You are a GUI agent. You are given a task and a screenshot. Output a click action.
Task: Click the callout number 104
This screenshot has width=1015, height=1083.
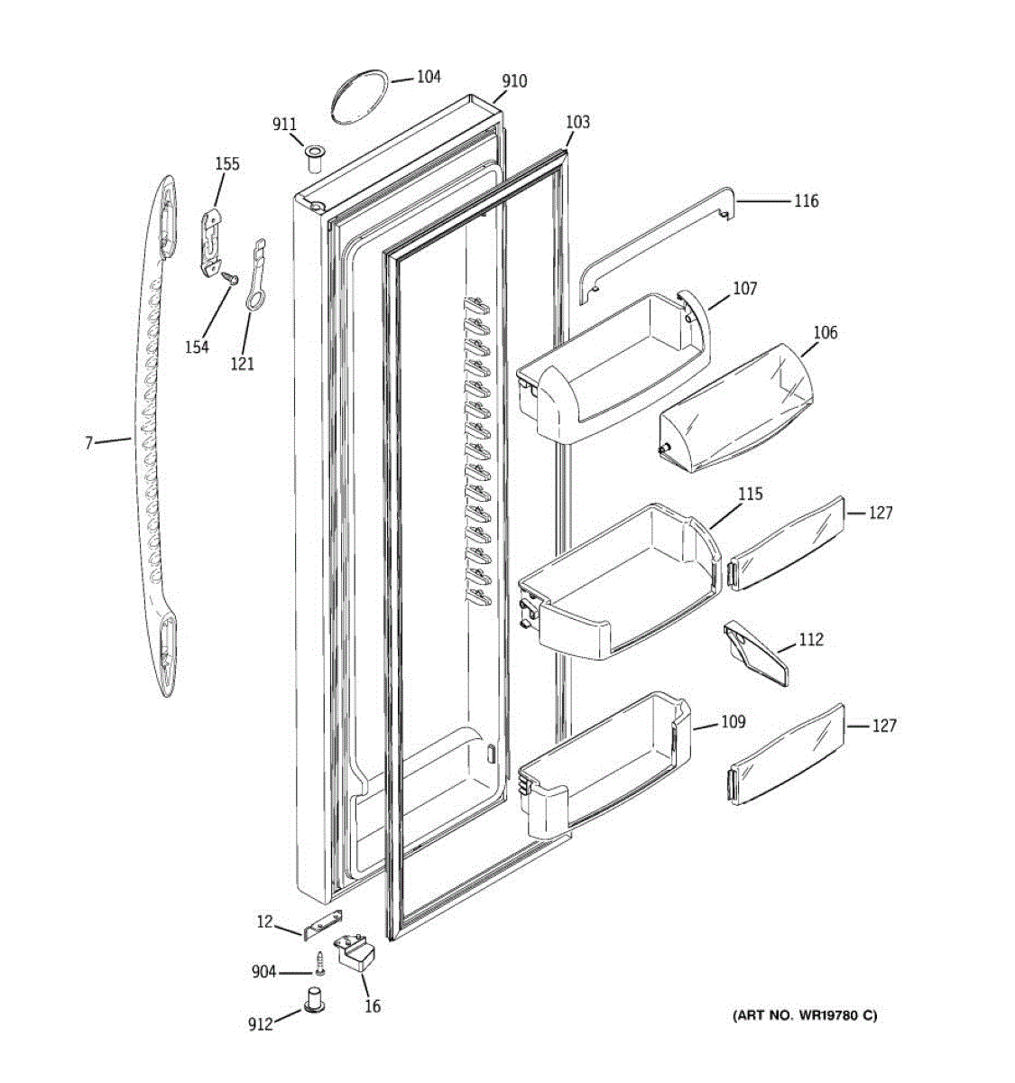pos(428,77)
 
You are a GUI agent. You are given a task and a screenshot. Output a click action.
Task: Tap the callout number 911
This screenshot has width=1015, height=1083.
pos(285,125)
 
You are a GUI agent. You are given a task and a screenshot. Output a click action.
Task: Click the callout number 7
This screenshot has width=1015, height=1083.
pos(88,443)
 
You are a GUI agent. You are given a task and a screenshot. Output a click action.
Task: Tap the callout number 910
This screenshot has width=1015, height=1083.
pos(514,81)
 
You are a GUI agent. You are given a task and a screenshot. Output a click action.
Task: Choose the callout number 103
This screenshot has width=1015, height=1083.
pos(577,122)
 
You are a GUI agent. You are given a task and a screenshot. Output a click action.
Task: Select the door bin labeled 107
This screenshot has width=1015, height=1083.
pos(614,366)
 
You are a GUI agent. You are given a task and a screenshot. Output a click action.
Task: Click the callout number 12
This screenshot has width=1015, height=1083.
pos(264,921)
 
